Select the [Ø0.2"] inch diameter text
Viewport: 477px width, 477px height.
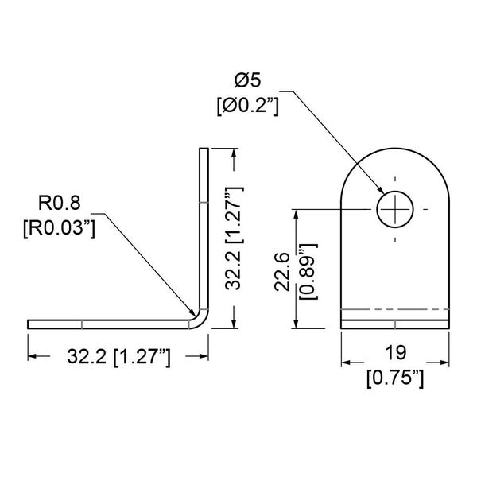click(x=247, y=105)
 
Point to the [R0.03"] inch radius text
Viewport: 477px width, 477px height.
click(x=60, y=228)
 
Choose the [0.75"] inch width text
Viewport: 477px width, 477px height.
click(x=394, y=380)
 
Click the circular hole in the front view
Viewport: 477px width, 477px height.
click(x=395, y=210)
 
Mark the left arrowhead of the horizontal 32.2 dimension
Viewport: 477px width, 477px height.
click(x=33, y=358)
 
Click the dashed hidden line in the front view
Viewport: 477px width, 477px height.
click(x=395, y=309)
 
